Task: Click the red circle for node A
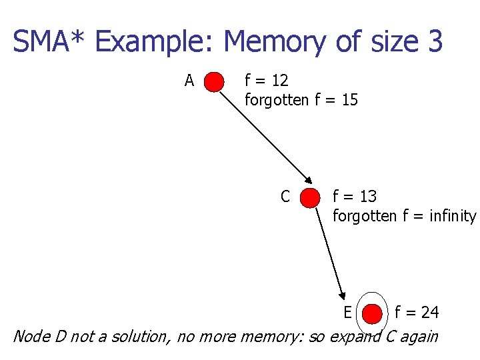214,82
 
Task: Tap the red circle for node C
310,198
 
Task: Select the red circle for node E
373,313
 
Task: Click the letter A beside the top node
189,81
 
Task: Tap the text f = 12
267,81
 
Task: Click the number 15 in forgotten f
349,101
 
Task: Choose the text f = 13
355,197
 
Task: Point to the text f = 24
417,312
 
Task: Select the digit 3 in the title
435,42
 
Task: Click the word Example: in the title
155,42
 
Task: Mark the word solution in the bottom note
141,336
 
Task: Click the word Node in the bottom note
31,336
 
